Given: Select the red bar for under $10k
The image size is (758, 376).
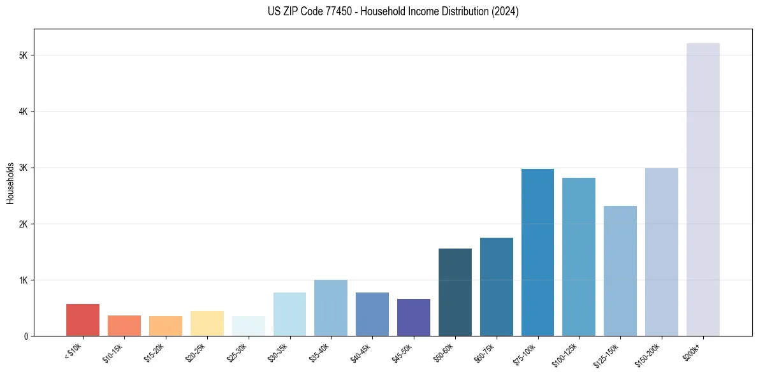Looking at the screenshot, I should coord(83,320).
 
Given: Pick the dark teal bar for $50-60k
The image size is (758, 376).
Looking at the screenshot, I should coord(455,293).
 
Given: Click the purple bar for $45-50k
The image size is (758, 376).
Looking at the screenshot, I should coord(414,317).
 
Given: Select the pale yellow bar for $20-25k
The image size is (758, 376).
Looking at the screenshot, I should coord(207,324).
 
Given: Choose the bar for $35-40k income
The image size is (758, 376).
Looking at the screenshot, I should coord(331,308).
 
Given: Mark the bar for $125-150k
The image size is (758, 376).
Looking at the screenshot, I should coord(620,271).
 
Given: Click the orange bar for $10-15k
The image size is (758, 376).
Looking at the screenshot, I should coord(124,326).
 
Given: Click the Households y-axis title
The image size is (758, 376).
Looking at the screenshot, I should coord(10,183).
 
